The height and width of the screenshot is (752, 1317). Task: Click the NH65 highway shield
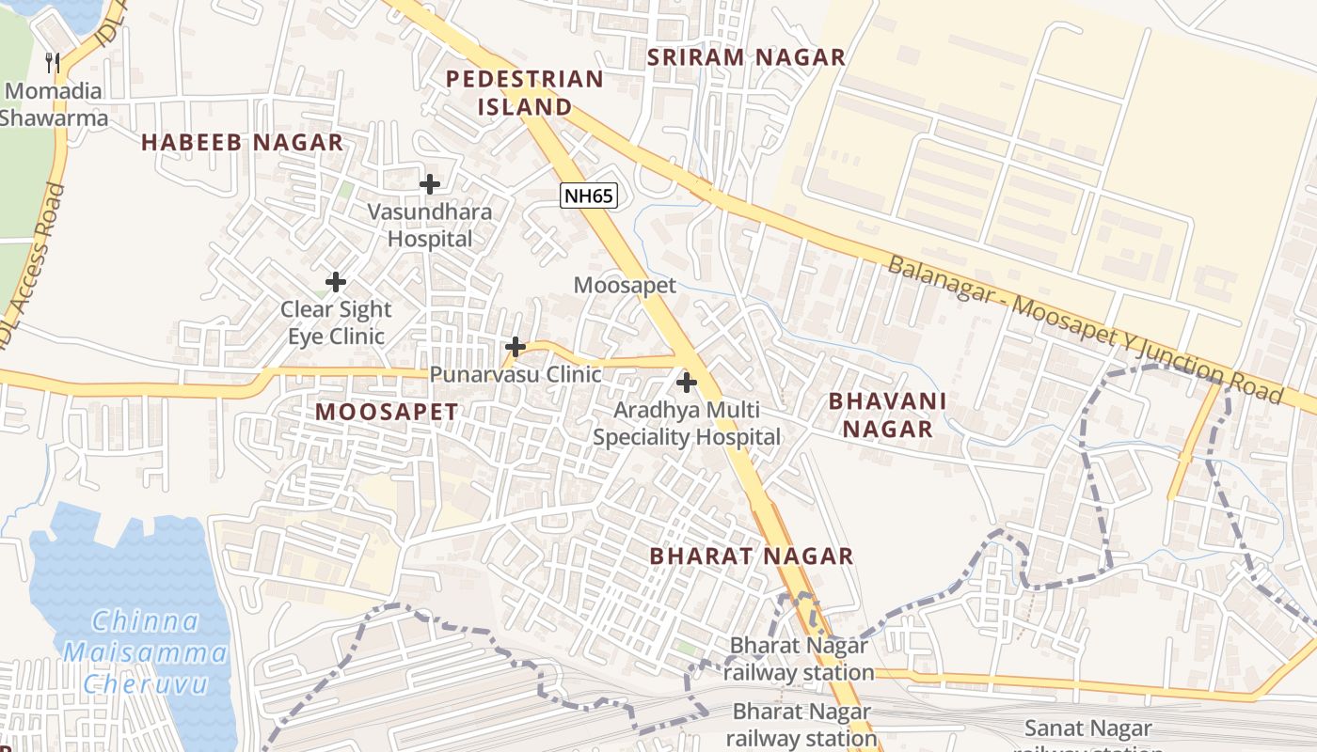589,196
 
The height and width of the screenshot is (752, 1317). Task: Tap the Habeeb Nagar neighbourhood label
242,143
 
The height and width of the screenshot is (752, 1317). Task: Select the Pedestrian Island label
524,93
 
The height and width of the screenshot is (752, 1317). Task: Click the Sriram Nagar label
747,57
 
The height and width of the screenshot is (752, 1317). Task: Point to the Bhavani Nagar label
887,415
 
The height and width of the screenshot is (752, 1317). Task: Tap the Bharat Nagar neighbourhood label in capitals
752,556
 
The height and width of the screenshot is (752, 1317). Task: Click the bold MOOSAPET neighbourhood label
387,412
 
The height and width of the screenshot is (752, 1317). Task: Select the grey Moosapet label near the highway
625,285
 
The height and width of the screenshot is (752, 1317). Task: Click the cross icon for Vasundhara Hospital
430,184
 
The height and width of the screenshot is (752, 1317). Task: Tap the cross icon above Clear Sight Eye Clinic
336,281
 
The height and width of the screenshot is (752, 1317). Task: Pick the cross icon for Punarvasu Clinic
515,347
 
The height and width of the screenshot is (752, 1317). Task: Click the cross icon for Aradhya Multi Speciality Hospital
687,383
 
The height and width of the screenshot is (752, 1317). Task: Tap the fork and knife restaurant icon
53,63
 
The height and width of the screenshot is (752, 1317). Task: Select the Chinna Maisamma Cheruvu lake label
146,651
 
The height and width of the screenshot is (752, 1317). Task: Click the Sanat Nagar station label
1087,728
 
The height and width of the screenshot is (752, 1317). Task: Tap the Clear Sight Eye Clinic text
336,322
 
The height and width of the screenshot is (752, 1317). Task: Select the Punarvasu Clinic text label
516,374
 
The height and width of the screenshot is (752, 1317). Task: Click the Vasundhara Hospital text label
430,225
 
